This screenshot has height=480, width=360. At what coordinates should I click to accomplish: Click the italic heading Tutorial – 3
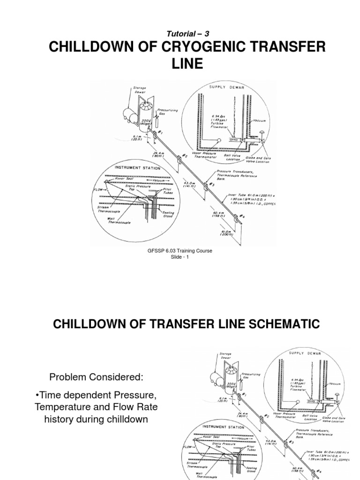pos(180,34)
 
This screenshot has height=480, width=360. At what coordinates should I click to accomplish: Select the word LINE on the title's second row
pos(180,64)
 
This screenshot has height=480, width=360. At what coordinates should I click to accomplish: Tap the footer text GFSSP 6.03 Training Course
pos(180,251)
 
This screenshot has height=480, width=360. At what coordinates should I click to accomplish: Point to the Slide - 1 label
pos(180,257)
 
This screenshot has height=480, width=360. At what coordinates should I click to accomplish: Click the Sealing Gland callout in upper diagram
pos(168,214)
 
